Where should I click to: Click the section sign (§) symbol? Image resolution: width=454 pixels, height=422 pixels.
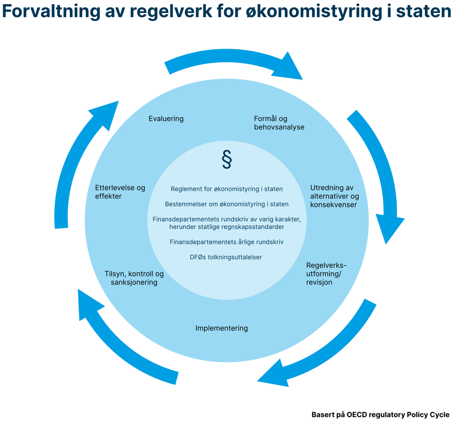227,159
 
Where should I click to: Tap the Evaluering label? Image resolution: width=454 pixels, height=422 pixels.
166,119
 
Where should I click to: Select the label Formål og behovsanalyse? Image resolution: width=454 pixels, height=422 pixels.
279,122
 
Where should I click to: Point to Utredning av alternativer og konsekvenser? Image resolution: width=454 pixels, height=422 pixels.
335,196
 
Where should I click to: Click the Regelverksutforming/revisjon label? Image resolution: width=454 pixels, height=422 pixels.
327,274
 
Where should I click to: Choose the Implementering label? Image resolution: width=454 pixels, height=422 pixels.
222,328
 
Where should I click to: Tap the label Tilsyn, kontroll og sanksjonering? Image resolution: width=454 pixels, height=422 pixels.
134,278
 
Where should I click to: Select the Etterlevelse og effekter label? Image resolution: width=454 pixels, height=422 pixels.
120,192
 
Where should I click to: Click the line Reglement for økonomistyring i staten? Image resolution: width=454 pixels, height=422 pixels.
227,189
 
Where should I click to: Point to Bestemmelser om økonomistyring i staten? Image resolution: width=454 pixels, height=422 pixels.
227,204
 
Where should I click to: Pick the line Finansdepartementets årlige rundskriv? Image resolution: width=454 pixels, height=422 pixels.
227,242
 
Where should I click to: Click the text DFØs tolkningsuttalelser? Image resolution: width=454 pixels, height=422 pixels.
226,257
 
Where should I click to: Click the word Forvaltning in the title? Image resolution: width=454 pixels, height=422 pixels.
51,12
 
